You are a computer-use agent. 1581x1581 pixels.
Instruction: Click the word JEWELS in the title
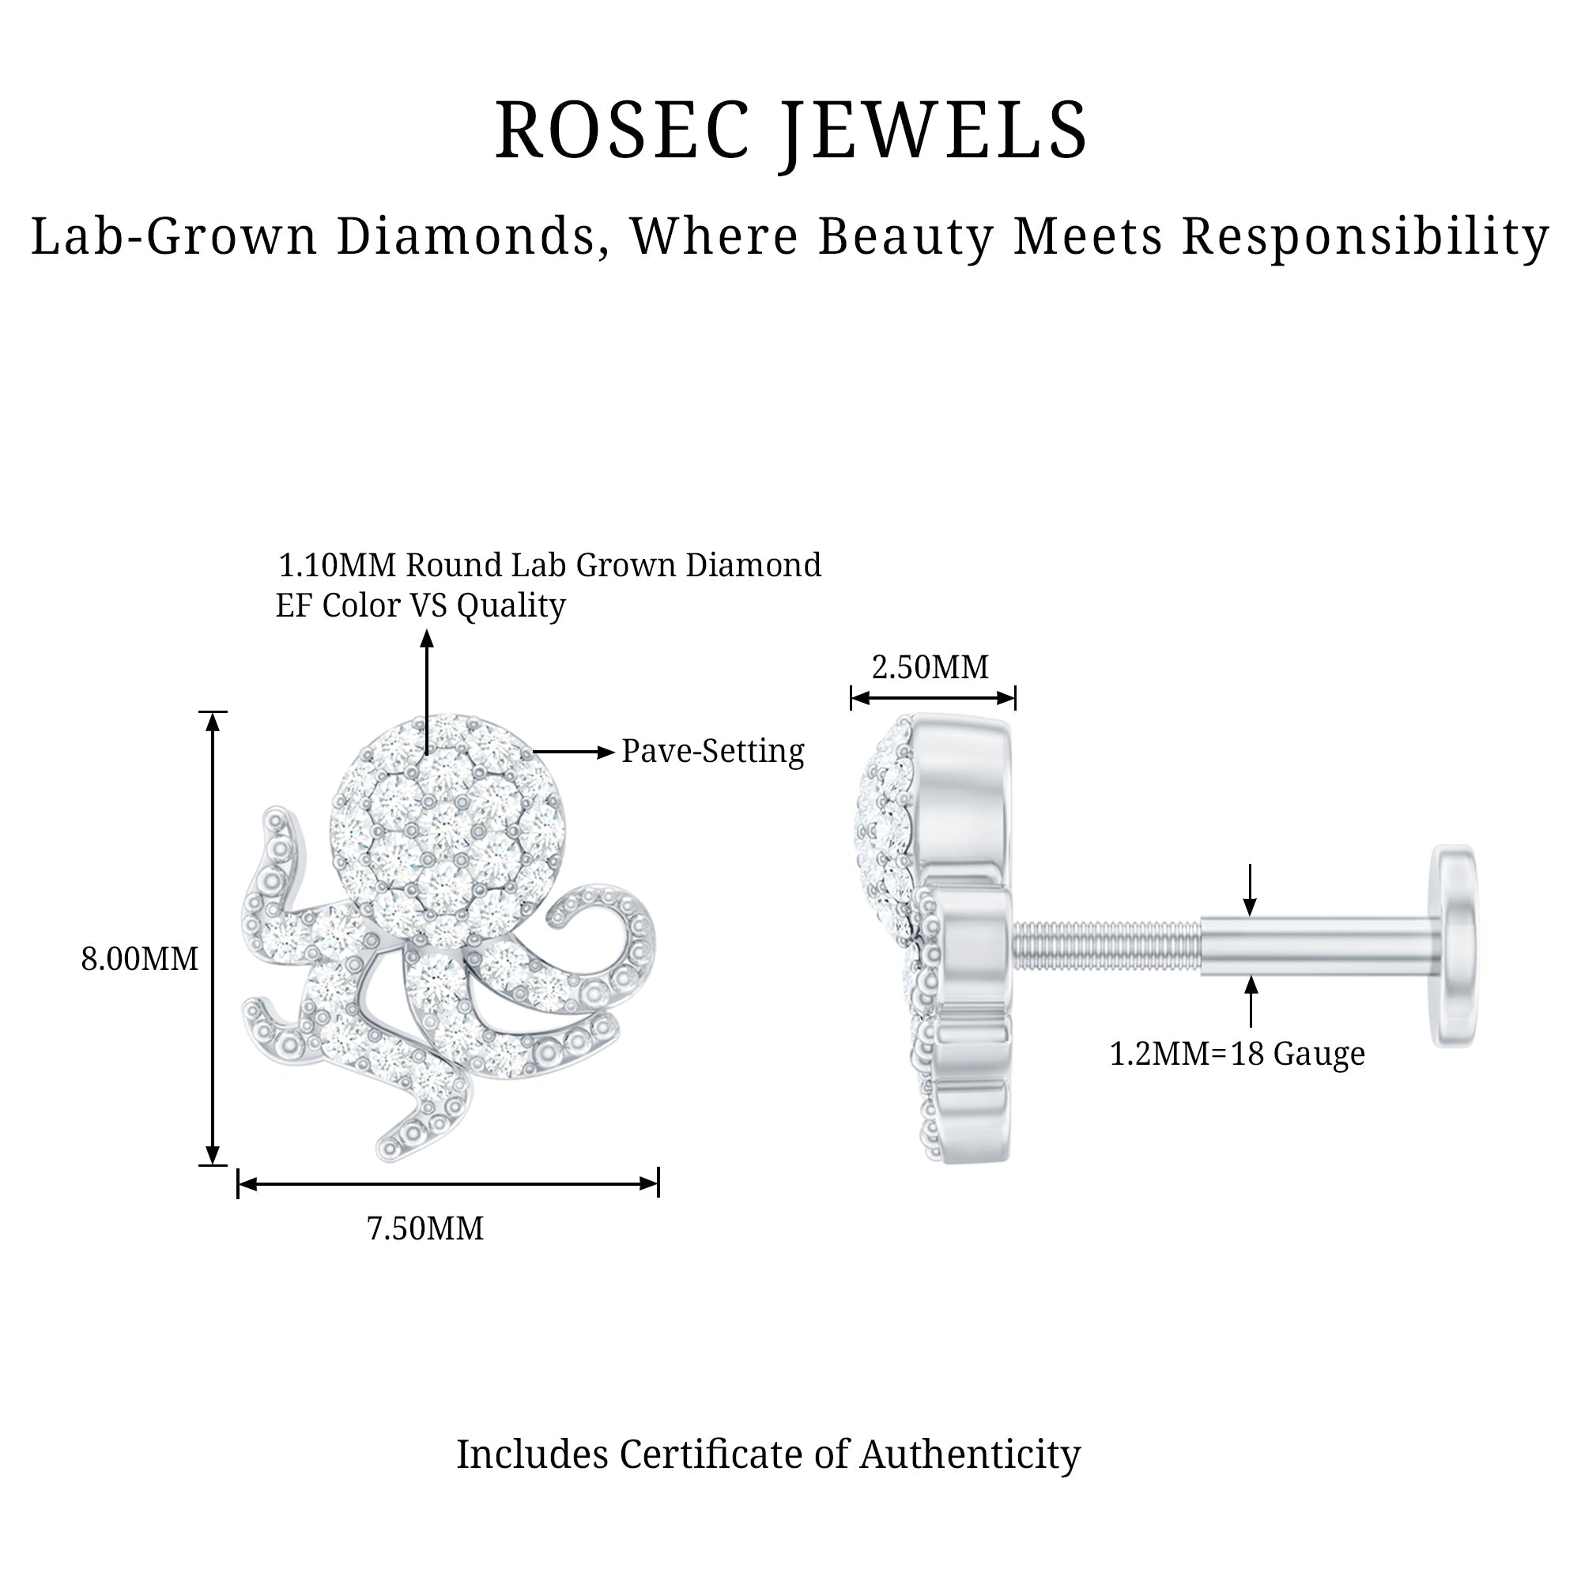tap(933, 131)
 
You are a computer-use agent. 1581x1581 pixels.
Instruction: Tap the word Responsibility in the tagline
tap(1365, 237)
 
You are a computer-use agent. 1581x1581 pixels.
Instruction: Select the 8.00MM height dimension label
tap(139, 959)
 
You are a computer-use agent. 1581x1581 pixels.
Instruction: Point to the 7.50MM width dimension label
tap(424, 1228)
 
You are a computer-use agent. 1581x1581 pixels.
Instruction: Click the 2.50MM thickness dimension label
tap(930, 668)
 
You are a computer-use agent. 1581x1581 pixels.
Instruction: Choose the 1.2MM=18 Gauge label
tap(1236, 1054)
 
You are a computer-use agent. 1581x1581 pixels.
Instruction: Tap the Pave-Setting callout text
tap(713, 751)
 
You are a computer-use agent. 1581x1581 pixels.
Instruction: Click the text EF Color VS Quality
tap(421, 606)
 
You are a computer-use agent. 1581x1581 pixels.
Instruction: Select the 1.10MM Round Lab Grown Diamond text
tap(550, 565)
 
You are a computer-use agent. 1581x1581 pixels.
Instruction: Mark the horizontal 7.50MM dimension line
tap(447, 1183)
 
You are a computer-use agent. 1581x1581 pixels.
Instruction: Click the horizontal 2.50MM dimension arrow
tap(933, 698)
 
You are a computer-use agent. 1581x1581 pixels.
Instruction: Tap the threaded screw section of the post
tap(1107, 946)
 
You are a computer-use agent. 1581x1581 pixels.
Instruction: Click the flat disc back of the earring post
tap(1455, 946)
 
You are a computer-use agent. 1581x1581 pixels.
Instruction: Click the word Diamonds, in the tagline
tap(472, 237)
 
